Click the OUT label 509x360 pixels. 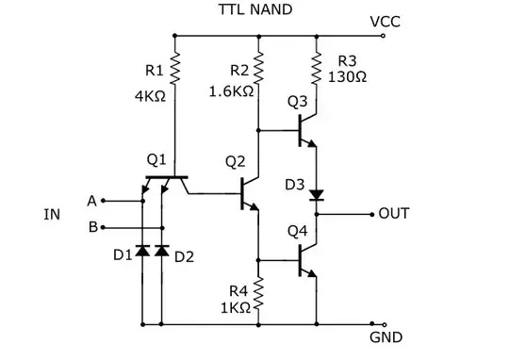pos(393,214)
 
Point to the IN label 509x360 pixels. pos(52,215)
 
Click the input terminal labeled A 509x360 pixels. pos(102,200)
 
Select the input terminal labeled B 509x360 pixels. pos(102,227)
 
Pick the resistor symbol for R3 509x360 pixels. pos(316,64)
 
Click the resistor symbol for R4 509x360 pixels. pos(257,293)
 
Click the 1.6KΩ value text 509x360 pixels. pos(231,92)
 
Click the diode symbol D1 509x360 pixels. pos(140,252)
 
